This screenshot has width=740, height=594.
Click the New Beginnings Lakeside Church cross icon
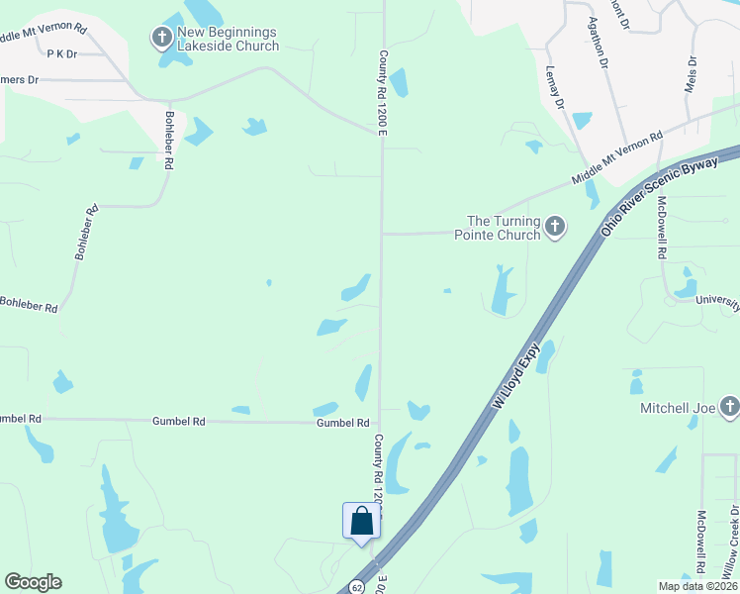coord(161,39)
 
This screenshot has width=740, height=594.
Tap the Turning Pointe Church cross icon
coord(555,228)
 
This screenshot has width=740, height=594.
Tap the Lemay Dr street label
coord(555,87)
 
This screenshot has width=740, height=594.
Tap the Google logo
coord(33,582)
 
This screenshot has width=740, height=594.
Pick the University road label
coord(717,300)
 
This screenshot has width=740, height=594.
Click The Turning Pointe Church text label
coord(504,228)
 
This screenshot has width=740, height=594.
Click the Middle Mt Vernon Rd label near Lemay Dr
coord(615,159)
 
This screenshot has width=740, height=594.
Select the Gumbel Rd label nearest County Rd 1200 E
coord(341,423)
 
